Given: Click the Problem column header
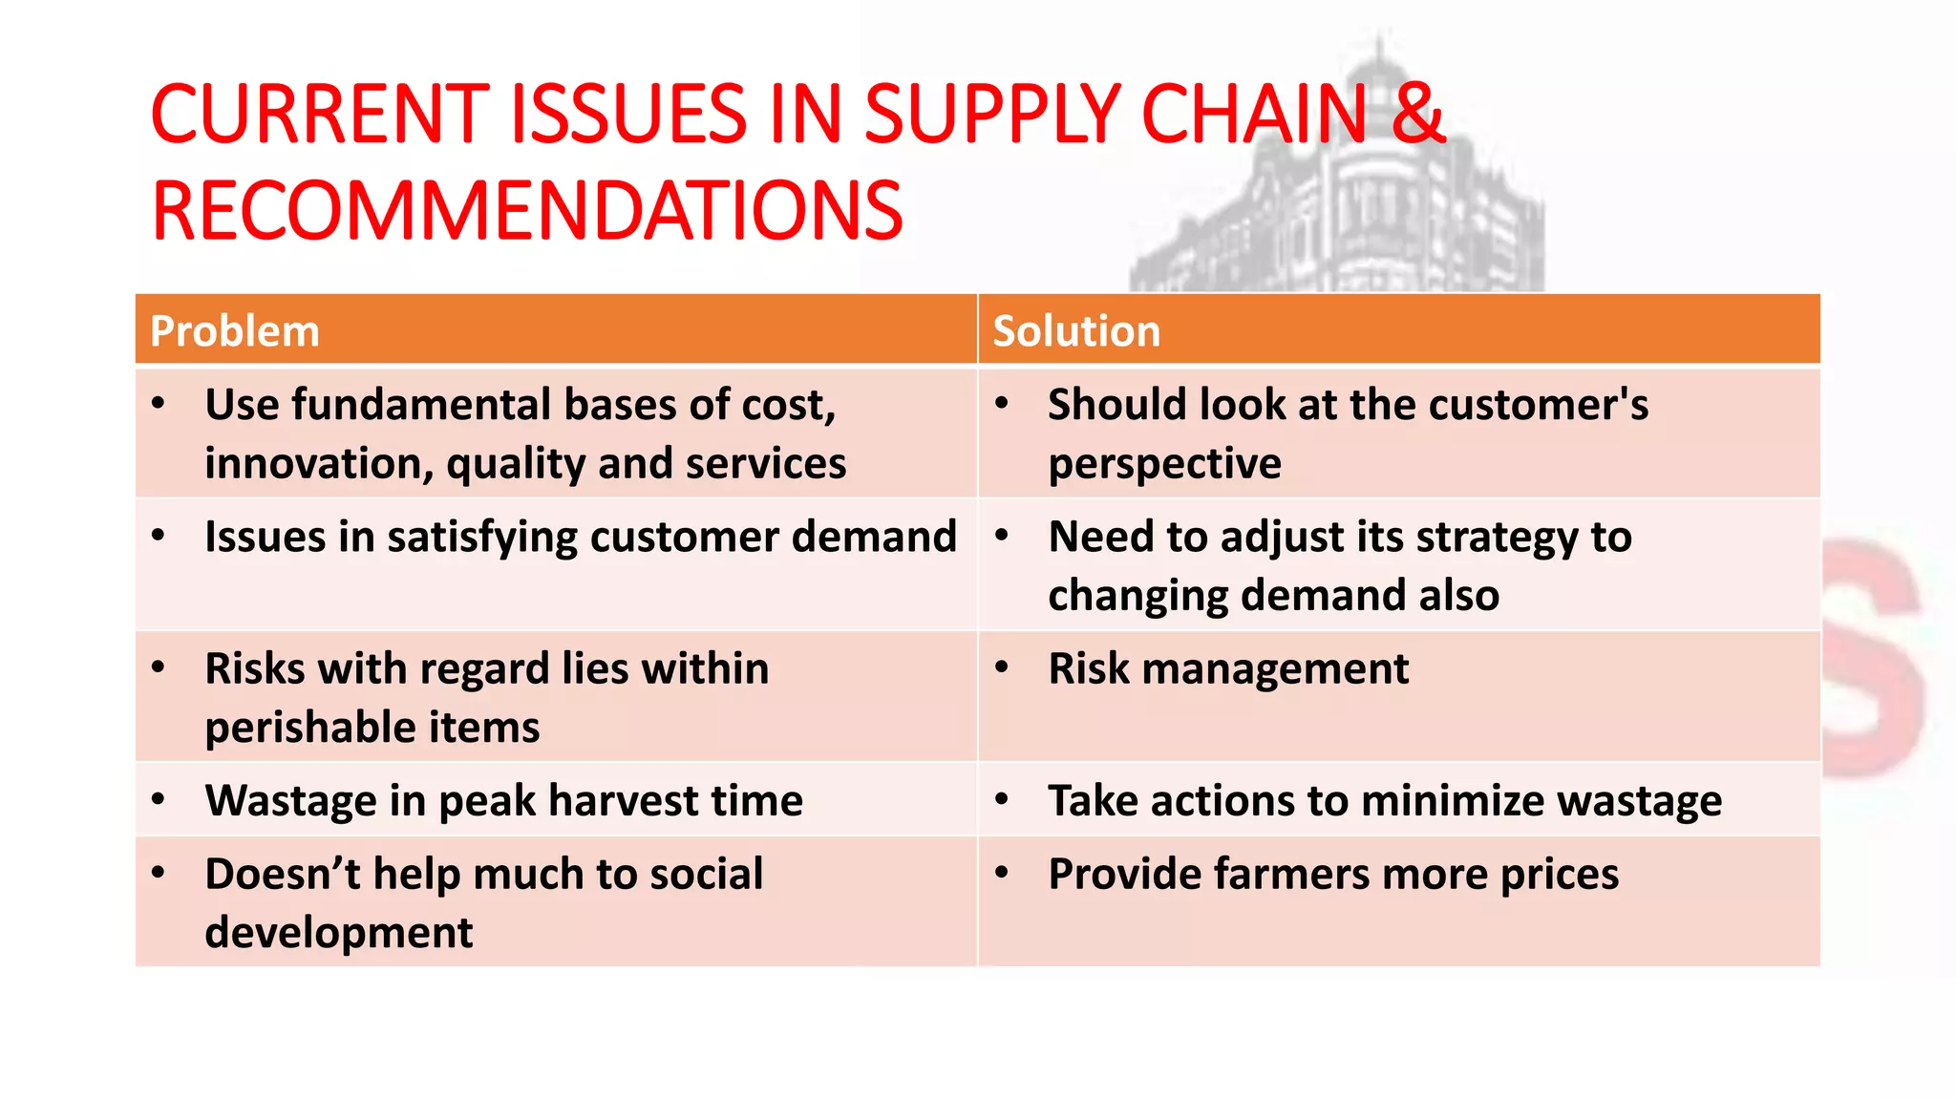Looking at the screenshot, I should pos(235,331).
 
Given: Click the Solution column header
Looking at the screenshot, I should pos(1076,331).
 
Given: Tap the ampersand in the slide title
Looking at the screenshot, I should pos(1417,114).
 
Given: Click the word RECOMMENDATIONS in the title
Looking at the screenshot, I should pos(526,211).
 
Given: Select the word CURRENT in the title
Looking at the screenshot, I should pos(320,114).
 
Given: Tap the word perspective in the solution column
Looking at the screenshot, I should pos(1164,464).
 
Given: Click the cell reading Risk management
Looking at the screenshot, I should pos(1227,668).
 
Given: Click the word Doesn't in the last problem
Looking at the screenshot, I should pos(282,874).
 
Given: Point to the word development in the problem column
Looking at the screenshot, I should pos(338,932).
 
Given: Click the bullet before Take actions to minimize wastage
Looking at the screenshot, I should pos(1002,798).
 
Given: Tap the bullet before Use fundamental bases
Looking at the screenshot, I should pos(159,403).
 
